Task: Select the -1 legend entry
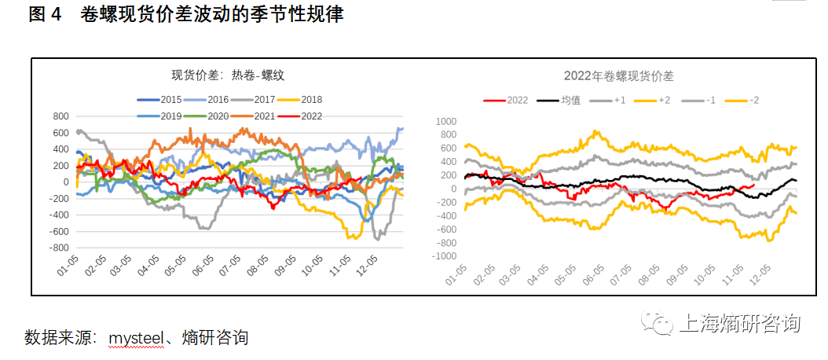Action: [x=698, y=100]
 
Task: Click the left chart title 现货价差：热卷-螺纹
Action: [x=228, y=76]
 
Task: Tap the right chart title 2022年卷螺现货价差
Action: [x=618, y=76]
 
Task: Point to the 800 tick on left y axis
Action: [x=60, y=116]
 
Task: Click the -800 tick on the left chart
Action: [x=58, y=248]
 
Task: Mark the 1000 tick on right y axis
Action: [x=445, y=121]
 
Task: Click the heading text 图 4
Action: [x=46, y=15]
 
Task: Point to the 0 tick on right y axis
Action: [x=452, y=189]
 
